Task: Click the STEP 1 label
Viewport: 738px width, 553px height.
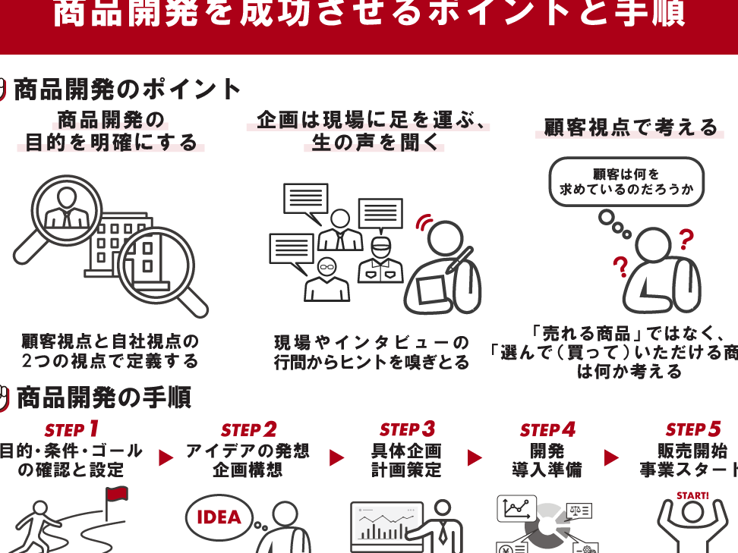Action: (x=71, y=430)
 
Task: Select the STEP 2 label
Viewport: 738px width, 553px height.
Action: (x=248, y=430)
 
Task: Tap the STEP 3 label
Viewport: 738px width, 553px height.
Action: (x=407, y=430)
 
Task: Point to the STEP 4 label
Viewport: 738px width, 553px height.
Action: (x=547, y=430)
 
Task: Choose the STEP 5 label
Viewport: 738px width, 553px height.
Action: (x=692, y=430)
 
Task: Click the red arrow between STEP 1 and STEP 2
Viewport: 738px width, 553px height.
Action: (x=166, y=457)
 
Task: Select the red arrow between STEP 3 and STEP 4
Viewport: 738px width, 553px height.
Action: (x=475, y=457)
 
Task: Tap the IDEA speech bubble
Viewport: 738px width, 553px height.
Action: (x=219, y=517)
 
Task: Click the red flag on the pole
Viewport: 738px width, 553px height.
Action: (x=117, y=495)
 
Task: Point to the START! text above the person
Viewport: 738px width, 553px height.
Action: (x=692, y=496)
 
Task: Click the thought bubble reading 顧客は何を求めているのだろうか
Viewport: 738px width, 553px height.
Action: (x=626, y=181)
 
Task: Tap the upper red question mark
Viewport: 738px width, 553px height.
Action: (x=686, y=239)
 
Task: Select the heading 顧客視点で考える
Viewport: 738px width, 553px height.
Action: (x=630, y=127)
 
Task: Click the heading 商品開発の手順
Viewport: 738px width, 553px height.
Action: (x=103, y=397)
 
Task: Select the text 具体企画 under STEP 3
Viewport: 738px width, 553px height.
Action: (x=406, y=451)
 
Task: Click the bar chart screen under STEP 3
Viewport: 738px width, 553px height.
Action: (x=386, y=525)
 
